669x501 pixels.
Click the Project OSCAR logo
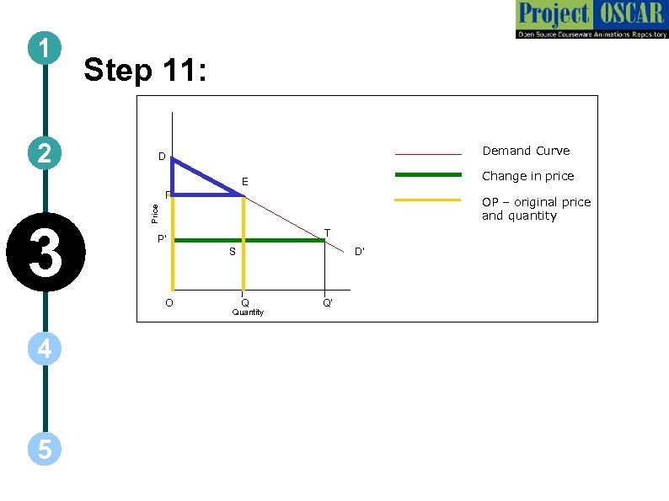(591, 20)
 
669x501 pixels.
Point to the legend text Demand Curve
(525, 151)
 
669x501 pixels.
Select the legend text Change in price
(527, 176)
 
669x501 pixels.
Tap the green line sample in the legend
(429, 175)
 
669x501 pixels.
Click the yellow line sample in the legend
(429, 200)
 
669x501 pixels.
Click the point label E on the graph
(244, 182)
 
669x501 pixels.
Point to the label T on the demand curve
(327, 232)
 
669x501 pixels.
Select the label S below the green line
(233, 252)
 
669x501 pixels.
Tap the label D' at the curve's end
(358, 252)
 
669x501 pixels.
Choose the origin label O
(169, 303)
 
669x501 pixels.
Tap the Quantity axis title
(248, 312)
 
